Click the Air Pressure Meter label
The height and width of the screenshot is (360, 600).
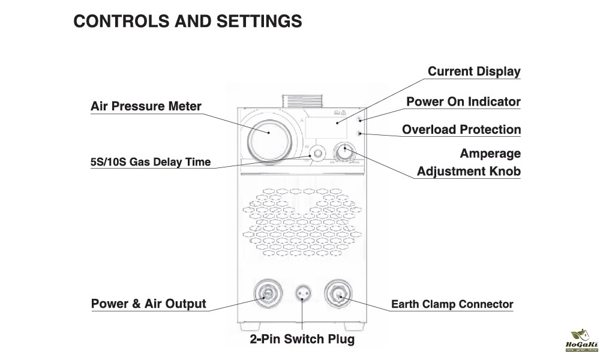coord(146,106)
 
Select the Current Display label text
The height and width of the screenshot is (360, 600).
coord(474,71)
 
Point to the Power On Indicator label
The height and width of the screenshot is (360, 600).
coord(463,101)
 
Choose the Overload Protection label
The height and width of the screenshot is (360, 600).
coord(461,129)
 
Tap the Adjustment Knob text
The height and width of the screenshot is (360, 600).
coord(469,171)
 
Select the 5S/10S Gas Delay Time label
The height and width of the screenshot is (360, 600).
coord(151,162)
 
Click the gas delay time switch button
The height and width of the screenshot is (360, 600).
coord(315,152)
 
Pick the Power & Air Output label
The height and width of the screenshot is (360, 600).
coord(148,304)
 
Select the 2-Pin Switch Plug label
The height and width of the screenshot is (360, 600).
coord(302,339)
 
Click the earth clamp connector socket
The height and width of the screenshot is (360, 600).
coord(337,293)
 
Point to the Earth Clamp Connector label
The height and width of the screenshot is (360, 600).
coord(452,304)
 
